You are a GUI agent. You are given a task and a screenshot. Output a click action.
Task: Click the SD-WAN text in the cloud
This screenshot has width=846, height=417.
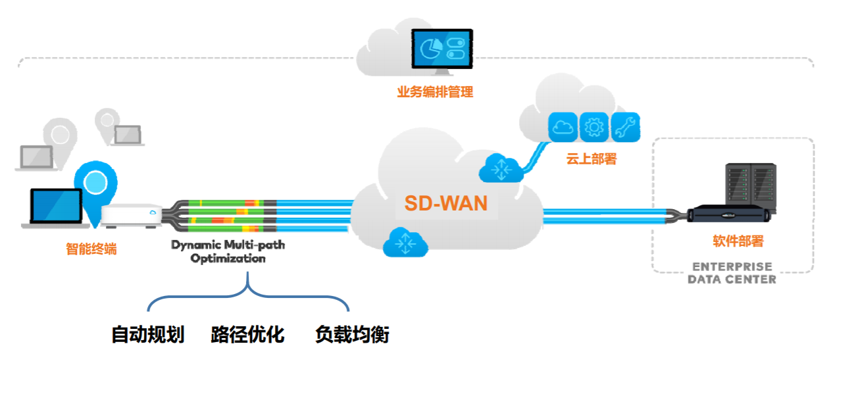[x=445, y=203]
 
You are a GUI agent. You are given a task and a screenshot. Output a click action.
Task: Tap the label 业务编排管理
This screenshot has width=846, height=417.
[x=435, y=92]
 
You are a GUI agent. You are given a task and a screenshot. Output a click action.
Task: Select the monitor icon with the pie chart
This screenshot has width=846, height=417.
[x=442, y=50]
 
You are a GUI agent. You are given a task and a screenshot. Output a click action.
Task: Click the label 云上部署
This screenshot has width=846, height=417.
[x=591, y=159]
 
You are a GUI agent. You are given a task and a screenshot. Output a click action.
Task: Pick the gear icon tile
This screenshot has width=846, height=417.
[x=594, y=127]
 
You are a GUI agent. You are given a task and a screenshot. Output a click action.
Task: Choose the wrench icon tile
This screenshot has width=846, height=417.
[x=625, y=127]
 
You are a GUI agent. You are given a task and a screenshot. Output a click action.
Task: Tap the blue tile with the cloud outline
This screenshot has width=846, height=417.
[x=563, y=127]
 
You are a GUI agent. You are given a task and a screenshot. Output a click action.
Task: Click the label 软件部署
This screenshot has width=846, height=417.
[x=738, y=241]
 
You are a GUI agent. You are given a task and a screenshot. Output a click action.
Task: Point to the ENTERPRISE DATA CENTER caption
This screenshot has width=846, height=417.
[x=732, y=273]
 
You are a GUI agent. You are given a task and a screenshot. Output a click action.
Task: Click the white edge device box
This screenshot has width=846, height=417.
[x=131, y=214]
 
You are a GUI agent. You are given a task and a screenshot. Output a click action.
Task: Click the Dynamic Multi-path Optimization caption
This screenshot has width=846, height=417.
[x=228, y=252]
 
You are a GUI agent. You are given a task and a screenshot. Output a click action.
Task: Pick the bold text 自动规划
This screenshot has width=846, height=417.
[x=147, y=335]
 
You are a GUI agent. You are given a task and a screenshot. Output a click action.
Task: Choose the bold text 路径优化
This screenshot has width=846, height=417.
[x=247, y=335]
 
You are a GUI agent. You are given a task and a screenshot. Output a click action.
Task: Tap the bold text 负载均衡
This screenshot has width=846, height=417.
[x=352, y=335]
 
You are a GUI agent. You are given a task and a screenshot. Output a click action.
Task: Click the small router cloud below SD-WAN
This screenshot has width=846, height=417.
[x=405, y=242]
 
